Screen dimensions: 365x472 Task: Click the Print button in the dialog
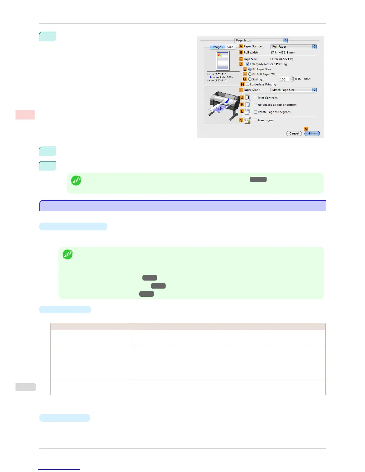[312, 133]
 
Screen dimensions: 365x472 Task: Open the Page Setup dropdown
[261, 41]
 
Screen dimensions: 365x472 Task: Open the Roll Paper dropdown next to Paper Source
[293, 46]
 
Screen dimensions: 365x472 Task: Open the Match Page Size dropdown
[293, 90]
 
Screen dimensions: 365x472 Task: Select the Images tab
[217, 47]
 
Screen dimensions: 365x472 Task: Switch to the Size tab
[230, 47]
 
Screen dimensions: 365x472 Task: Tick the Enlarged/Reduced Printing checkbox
[248, 64]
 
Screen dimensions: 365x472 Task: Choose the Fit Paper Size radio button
[250, 69]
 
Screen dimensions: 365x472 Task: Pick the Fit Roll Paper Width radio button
[250, 74]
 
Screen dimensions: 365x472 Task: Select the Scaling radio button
[250, 79]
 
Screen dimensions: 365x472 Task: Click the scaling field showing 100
[284, 79]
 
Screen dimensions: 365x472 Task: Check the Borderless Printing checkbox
[248, 84]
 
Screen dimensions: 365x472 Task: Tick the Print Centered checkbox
[255, 98]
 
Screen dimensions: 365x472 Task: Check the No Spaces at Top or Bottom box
[255, 105]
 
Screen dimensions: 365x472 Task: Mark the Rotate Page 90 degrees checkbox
[255, 112]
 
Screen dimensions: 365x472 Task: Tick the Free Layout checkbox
[255, 120]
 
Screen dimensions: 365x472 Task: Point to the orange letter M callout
[306, 129]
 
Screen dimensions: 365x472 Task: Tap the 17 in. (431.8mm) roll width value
[282, 52]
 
